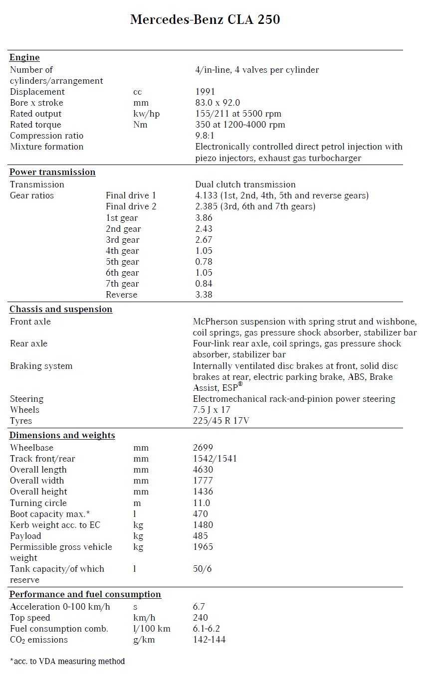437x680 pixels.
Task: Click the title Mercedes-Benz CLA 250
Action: [205, 19]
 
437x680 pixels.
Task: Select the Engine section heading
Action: [24, 57]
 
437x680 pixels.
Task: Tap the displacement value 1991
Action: [205, 92]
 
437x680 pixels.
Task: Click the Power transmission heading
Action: [52, 172]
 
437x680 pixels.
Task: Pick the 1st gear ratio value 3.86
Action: [204, 218]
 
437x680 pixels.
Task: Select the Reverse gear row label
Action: [121, 295]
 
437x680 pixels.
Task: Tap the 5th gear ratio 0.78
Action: [204, 262]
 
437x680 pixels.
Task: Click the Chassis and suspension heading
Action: [61, 309]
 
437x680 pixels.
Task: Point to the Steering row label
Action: [26, 399]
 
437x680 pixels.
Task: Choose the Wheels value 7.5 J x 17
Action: [212, 410]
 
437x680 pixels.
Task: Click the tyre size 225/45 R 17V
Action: [220, 421]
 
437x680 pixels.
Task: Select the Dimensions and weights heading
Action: [62, 435]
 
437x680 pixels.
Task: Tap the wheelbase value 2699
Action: [203, 448]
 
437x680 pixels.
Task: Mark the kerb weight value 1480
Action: [203, 524]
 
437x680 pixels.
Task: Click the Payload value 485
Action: [201, 536]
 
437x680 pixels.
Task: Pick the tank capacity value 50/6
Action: [202, 569]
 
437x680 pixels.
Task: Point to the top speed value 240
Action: [201, 618]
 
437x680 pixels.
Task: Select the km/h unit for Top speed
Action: [145, 618]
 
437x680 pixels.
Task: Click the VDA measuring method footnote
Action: [67, 661]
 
